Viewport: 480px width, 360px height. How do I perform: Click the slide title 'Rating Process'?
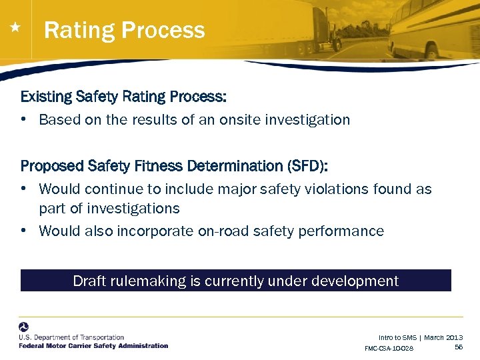click(124, 31)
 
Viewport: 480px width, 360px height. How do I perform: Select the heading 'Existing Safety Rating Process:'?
click(123, 97)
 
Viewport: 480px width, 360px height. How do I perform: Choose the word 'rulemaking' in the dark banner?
click(147, 281)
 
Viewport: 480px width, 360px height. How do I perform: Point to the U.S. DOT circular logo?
click(24, 327)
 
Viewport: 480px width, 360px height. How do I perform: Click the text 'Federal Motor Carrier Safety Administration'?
click(93, 346)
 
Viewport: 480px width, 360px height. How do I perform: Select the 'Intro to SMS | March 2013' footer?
click(420, 338)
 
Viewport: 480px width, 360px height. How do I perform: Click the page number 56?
click(458, 347)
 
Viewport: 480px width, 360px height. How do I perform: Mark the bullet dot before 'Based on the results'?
click(24, 120)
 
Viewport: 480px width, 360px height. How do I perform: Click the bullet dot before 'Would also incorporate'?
click(24, 231)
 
